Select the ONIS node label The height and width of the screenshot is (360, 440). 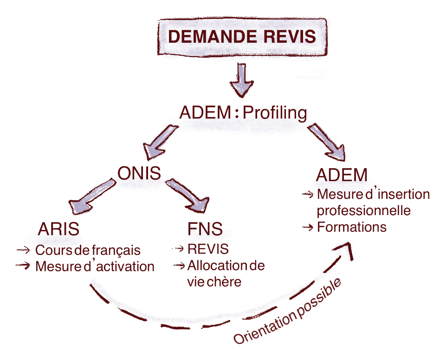tap(139, 174)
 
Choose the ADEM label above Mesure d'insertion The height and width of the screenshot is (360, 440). tap(342, 176)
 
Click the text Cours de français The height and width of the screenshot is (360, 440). tap(88, 250)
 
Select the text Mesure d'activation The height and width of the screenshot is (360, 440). tap(95, 266)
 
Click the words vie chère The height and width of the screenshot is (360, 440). tap(214, 281)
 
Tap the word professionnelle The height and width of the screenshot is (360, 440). tap(363, 210)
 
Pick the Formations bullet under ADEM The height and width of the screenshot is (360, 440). tap(351, 228)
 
